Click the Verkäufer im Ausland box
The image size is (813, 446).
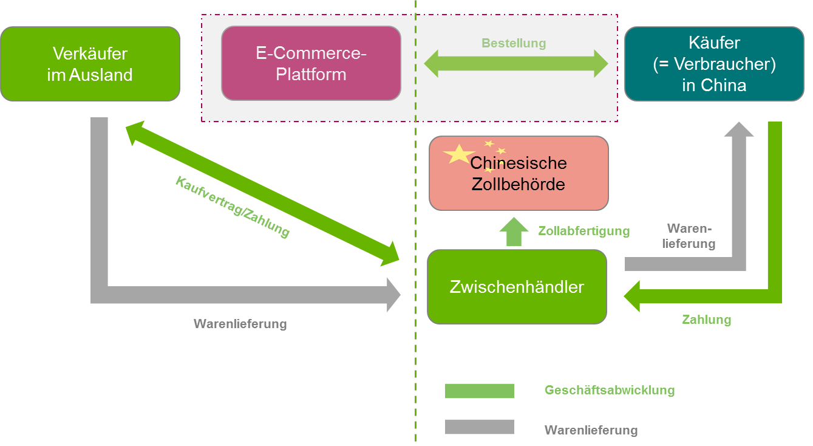click(90, 64)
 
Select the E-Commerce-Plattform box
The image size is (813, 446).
click(311, 63)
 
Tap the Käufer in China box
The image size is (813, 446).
click(714, 64)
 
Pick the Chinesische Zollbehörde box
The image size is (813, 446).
click(519, 173)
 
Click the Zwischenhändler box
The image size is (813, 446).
click(517, 287)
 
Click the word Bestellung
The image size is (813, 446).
click(514, 43)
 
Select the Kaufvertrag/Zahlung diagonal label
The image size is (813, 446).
click(232, 207)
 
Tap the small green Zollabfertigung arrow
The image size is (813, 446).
click(514, 232)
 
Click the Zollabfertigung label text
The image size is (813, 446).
click(583, 231)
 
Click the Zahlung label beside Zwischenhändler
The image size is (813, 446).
click(706, 320)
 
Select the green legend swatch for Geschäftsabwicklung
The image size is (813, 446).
click(479, 391)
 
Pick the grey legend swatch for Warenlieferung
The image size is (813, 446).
click(479, 427)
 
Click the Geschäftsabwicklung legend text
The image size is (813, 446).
click(609, 390)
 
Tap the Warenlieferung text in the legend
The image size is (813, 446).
click(591, 430)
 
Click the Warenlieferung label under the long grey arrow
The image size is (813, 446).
click(240, 324)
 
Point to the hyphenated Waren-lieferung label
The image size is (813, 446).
click(690, 236)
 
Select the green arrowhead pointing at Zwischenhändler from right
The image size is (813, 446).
click(633, 296)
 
